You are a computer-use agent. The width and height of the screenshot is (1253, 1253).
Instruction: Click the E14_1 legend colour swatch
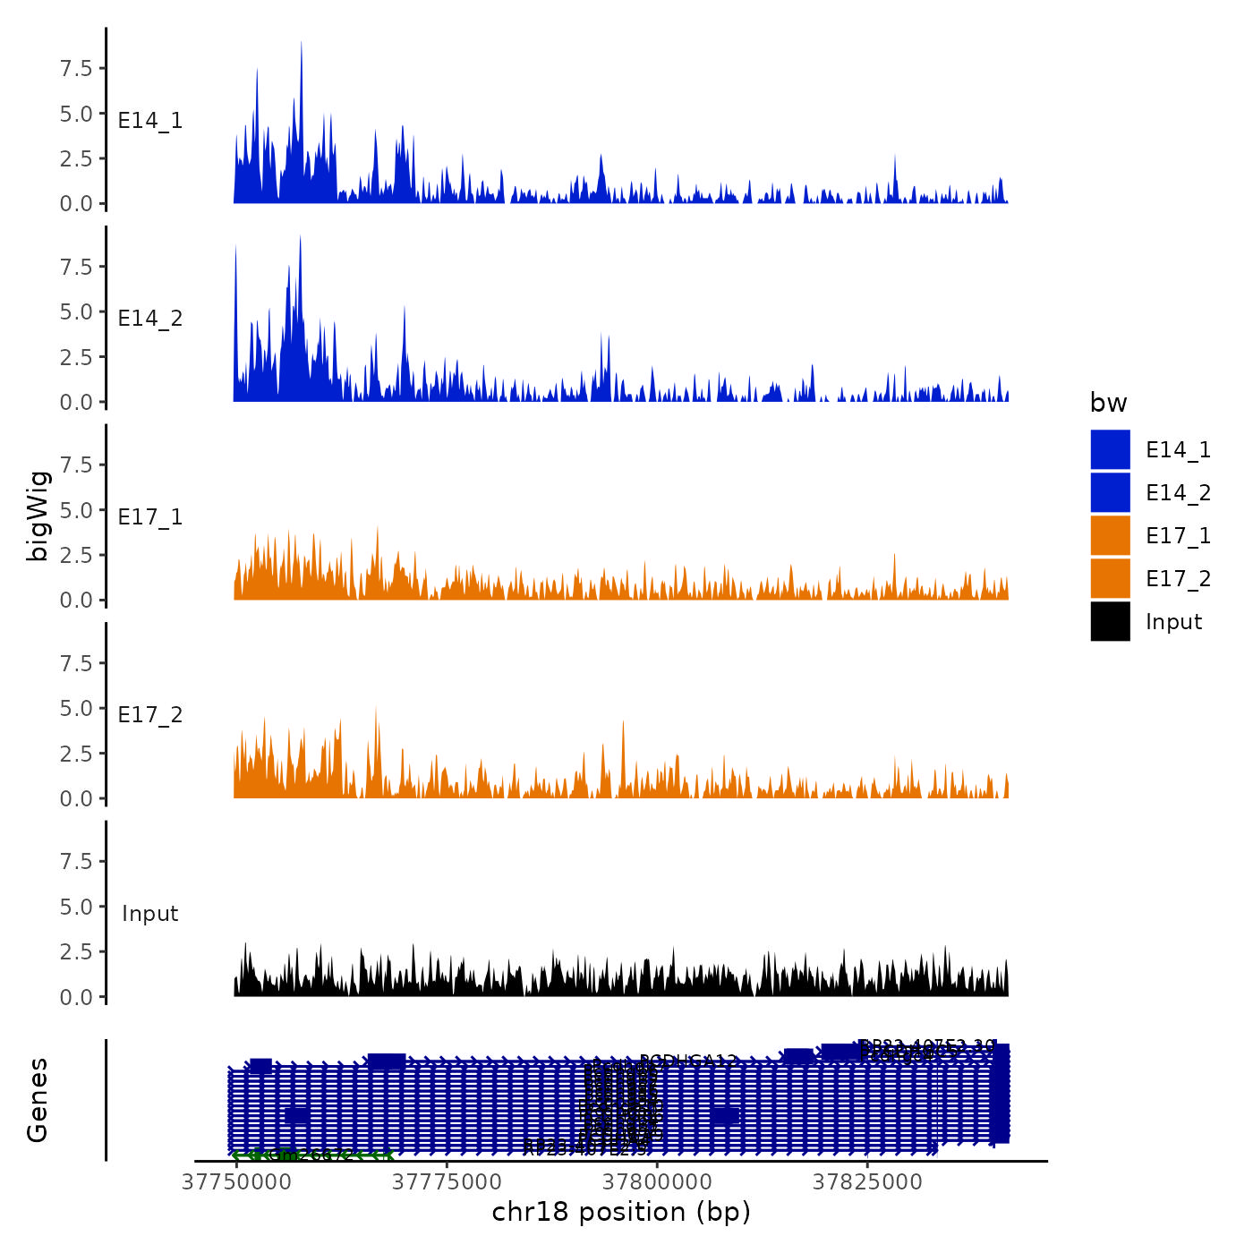click(x=1110, y=449)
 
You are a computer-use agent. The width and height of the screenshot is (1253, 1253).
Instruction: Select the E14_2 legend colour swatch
click(x=1110, y=492)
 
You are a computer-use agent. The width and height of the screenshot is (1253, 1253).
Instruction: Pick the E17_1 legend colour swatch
click(x=1110, y=535)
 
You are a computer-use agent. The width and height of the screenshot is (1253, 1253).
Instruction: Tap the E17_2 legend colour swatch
click(x=1110, y=578)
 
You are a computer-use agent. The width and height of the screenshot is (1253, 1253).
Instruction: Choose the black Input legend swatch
click(x=1110, y=621)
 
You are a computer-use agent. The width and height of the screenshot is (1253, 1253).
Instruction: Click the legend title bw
click(x=1108, y=403)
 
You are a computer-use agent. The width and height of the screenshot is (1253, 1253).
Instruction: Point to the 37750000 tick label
click(x=236, y=1182)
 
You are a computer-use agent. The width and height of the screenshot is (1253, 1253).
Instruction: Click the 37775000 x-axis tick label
click(x=447, y=1182)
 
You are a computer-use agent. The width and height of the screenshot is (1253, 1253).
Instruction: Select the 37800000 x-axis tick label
click(x=657, y=1182)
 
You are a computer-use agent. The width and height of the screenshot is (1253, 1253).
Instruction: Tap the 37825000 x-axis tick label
click(x=866, y=1182)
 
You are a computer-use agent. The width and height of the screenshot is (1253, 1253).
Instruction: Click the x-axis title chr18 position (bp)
click(x=621, y=1212)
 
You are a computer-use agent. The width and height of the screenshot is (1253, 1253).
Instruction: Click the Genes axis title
click(x=38, y=1100)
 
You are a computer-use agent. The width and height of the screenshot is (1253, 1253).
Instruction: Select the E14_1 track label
click(x=150, y=121)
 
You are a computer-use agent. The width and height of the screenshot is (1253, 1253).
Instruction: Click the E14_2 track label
click(x=150, y=319)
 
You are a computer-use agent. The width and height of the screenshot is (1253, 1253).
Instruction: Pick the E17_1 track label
click(x=150, y=517)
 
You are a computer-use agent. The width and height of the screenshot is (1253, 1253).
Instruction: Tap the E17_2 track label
click(x=150, y=715)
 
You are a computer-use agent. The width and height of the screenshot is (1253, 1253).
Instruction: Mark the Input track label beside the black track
click(x=150, y=914)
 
